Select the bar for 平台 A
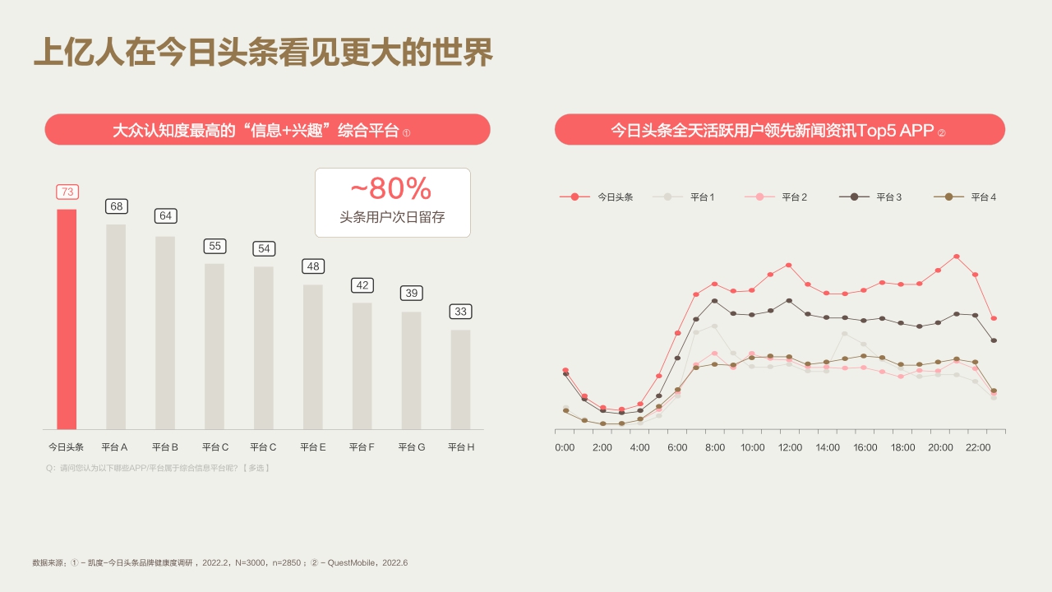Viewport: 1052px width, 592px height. [x=116, y=326]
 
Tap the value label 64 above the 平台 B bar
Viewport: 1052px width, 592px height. [x=165, y=216]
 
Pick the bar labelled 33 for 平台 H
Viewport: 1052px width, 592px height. [x=460, y=379]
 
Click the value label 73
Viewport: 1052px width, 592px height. [x=67, y=192]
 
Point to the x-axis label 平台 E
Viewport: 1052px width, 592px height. [x=313, y=447]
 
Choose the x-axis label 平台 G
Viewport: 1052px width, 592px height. [x=411, y=447]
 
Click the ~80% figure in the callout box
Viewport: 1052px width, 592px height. [x=391, y=189]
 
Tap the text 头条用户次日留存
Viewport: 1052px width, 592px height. [x=392, y=218]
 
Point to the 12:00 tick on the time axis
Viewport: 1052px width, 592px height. [x=790, y=447]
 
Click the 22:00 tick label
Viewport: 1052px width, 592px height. [x=978, y=447]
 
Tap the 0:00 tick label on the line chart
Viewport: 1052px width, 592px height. [x=565, y=447]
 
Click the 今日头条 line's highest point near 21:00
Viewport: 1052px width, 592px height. [x=957, y=257]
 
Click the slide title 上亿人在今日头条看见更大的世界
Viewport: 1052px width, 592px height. [x=263, y=52]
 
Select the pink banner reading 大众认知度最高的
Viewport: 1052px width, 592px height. [x=267, y=130]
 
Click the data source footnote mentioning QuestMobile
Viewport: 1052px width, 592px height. [x=219, y=563]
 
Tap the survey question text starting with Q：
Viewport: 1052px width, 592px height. [x=159, y=468]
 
